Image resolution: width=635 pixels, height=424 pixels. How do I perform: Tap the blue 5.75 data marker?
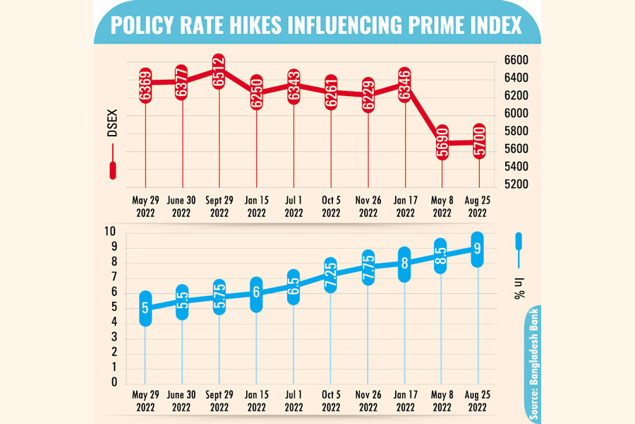219,297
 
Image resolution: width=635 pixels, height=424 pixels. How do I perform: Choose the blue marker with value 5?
145,308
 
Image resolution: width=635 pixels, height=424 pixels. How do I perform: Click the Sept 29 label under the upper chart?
219,206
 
